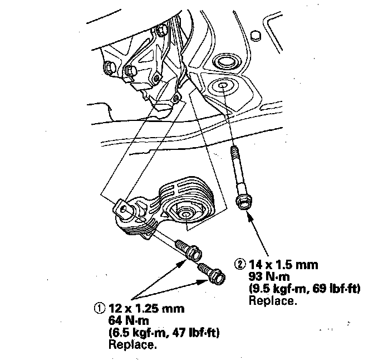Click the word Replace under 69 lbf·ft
tap(273, 301)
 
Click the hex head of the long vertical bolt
tap(243, 202)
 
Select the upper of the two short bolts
tap(190, 250)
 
